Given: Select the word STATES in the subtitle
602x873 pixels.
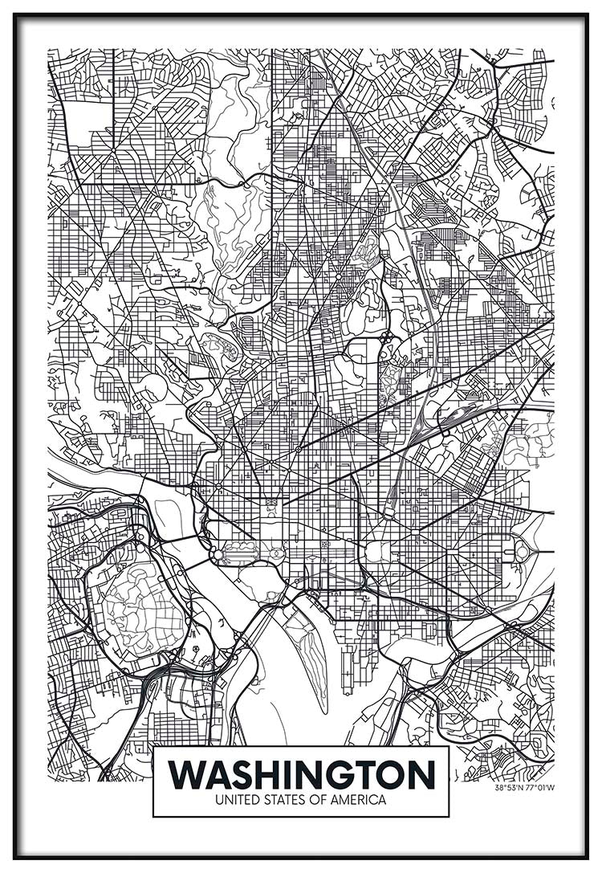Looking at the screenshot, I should point(279,800).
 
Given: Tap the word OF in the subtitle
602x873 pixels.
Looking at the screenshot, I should point(312,800).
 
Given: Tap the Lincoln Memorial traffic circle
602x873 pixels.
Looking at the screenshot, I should point(217,554).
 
